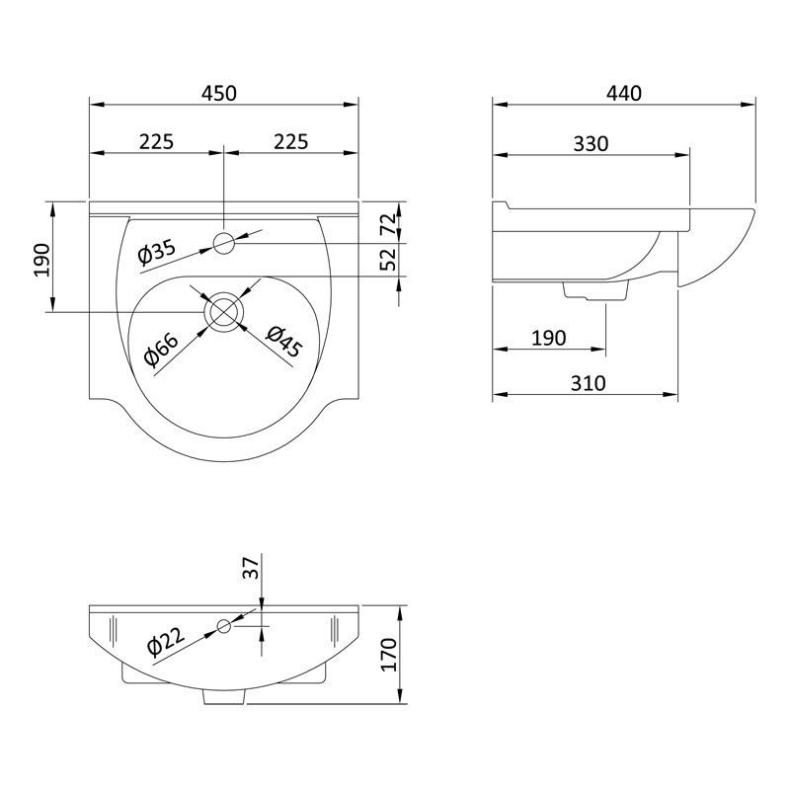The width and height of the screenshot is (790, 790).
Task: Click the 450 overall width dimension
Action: click(219, 93)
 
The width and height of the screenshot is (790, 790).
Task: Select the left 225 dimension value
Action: click(156, 142)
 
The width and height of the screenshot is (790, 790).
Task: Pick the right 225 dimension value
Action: click(290, 142)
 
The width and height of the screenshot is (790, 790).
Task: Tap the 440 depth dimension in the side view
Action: click(624, 93)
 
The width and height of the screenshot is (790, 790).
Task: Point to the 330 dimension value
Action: click(591, 143)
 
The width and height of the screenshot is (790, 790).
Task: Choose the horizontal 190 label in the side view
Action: click(548, 338)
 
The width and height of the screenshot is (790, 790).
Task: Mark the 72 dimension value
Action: click(388, 224)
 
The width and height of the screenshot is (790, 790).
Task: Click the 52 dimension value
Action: click(388, 259)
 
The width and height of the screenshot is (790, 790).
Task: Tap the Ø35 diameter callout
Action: click(157, 252)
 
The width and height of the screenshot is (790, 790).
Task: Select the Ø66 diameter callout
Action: click(161, 350)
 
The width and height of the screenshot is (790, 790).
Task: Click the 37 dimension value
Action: click(250, 569)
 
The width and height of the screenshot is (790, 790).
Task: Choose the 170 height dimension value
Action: click(388, 654)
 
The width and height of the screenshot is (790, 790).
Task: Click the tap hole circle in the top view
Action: click(224, 242)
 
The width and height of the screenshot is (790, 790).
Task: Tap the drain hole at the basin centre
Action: click(224, 310)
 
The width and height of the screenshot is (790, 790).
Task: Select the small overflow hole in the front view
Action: click(224, 624)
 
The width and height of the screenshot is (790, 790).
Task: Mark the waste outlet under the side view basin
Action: click(595, 290)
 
